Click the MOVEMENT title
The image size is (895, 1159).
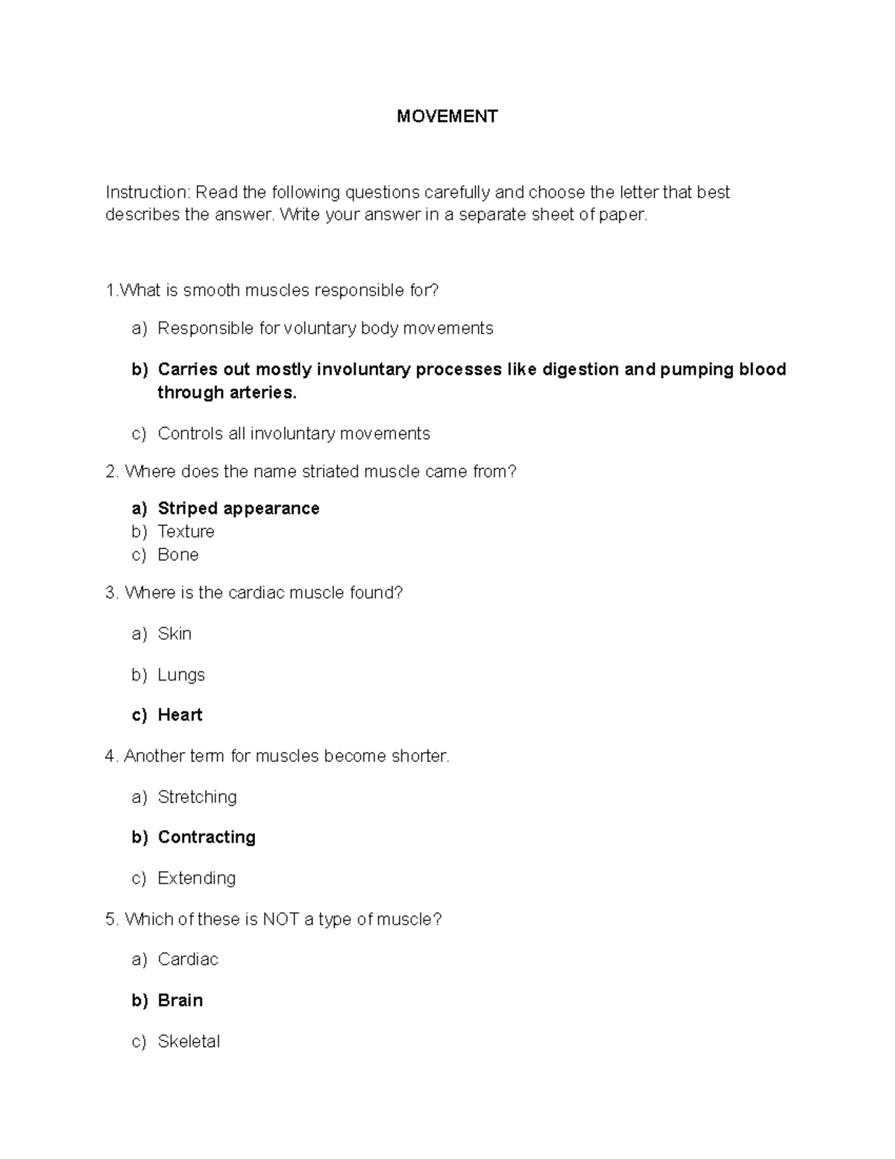click(447, 116)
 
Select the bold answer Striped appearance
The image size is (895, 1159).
click(238, 509)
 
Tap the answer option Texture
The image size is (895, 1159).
click(186, 531)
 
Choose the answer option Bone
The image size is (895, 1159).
click(178, 554)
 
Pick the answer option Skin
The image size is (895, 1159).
click(175, 634)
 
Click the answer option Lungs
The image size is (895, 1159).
click(180, 675)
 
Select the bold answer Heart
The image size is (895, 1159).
click(180, 715)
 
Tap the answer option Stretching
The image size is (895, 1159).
click(197, 797)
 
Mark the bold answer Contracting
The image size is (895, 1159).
click(207, 837)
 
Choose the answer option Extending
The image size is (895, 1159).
click(196, 878)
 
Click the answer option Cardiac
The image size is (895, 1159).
click(188, 960)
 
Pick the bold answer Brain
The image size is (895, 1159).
click(180, 1001)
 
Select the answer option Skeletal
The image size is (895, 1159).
click(189, 1042)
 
